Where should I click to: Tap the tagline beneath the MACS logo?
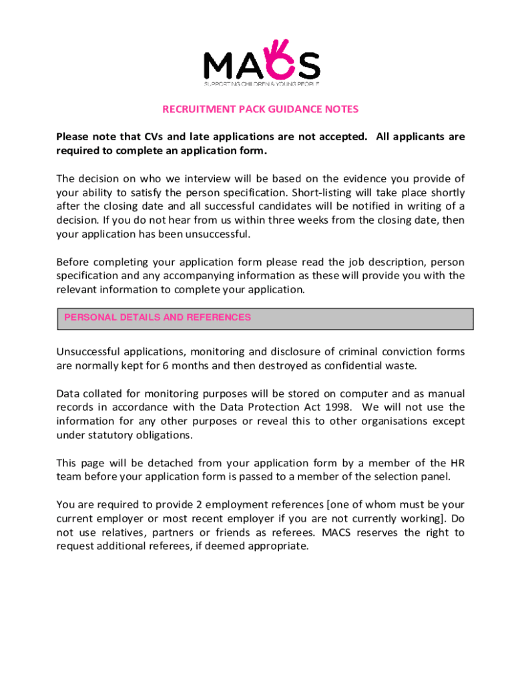pyautogui.click(x=262, y=83)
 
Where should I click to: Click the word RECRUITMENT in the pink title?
pyautogui.click(x=194, y=109)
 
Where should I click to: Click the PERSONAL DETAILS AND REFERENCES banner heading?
pyautogui.click(x=158, y=318)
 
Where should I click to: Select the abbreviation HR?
pyautogui.click(x=457, y=463)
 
